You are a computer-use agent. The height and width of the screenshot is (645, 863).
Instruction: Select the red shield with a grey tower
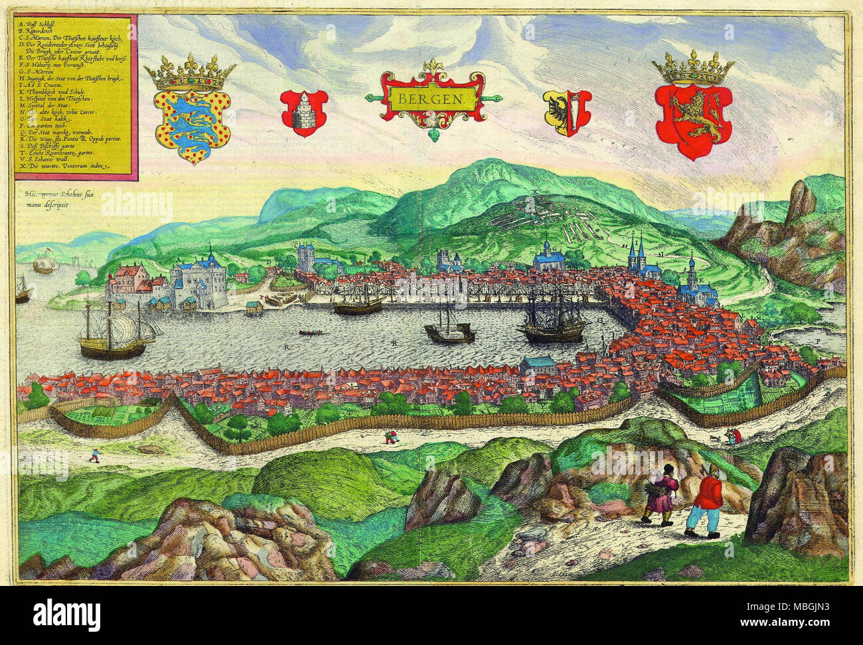click(x=304, y=110)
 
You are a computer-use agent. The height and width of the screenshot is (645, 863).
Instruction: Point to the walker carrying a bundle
click(x=661, y=494)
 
